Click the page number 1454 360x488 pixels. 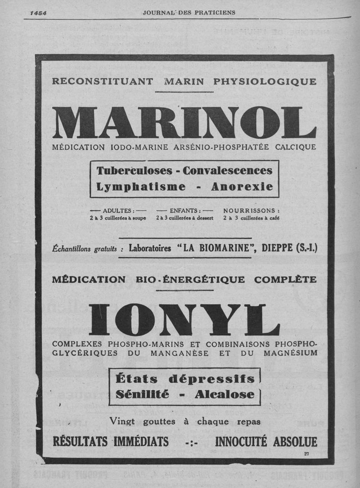pyautogui.click(x=38, y=13)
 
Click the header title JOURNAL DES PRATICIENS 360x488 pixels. pyautogui.click(x=189, y=13)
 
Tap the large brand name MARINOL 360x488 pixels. pyautogui.click(x=184, y=122)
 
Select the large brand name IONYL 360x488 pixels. pyautogui.click(x=184, y=320)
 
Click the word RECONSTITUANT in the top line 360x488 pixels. pyautogui.click(x=102, y=81)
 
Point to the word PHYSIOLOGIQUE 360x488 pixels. pyautogui.click(x=265, y=81)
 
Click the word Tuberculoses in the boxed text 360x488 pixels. pyautogui.click(x=135, y=171)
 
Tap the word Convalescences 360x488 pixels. pyautogui.click(x=228, y=171)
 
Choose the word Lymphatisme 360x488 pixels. pyautogui.click(x=141, y=187)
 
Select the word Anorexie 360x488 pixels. pyautogui.click(x=242, y=187)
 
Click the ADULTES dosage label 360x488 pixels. pyautogui.click(x=118, y=210)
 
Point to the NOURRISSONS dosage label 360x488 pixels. pyautogui.click(x=252, y=210)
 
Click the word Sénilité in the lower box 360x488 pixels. pyautogui.click(x=142, y=394)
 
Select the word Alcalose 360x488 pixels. pyautogui.click(x=225, y=394)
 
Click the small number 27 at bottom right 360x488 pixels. pyautogui.click(x=306, y=453)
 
